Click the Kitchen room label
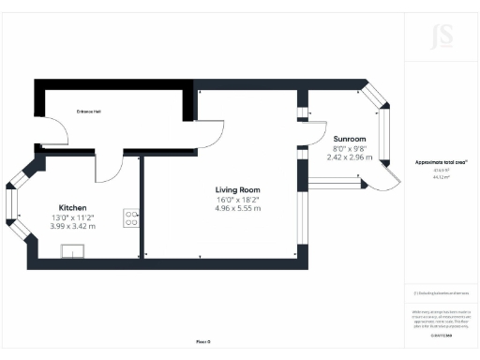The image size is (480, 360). click(74, 207)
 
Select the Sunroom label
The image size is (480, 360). click(349, 139)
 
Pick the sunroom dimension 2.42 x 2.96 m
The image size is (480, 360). click(349, 157)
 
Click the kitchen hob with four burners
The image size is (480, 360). click(131, 217)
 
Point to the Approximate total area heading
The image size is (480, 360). click(440, 161)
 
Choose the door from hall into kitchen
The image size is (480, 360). click(110, 169)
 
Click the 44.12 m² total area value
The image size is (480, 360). click(439, 176)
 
